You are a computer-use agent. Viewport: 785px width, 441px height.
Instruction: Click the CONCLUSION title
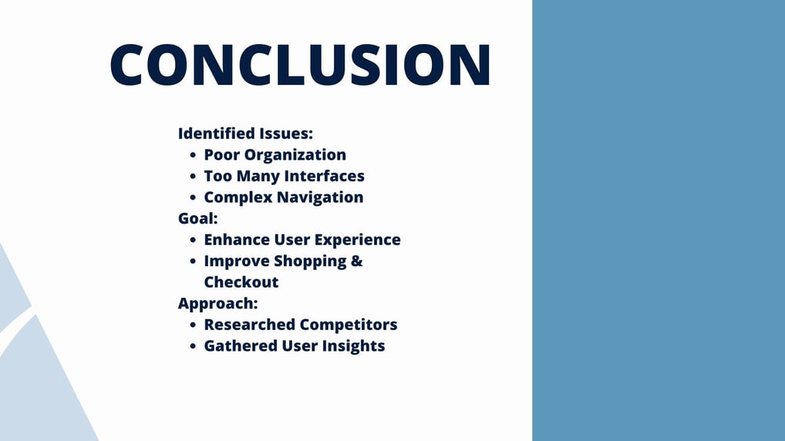pos(301,64)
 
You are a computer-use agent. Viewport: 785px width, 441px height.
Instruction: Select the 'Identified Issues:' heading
pos(245,133)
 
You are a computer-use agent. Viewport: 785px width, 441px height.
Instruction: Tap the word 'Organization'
pos(295,156)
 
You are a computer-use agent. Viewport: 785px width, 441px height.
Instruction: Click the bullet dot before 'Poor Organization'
pos(193,155)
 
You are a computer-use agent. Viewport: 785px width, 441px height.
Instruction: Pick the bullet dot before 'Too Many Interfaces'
pos(193,177)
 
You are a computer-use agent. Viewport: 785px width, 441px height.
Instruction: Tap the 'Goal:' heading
pos(197,219)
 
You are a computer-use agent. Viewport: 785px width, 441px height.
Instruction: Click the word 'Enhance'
pos(236,240)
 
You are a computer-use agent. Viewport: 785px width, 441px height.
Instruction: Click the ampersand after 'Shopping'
pos(357,261)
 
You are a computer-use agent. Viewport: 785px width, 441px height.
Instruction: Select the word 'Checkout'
pos(241,282)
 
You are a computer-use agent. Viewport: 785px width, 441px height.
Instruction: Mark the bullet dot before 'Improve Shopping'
pos(193,261)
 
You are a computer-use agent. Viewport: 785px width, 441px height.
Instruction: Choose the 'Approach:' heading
pos(217,304)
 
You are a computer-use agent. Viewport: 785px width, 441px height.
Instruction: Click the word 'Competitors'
pos(349,325)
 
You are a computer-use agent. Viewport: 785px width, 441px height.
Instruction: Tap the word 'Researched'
pos(250,325)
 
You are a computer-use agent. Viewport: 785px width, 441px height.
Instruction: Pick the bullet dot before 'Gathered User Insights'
pos(193,346)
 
